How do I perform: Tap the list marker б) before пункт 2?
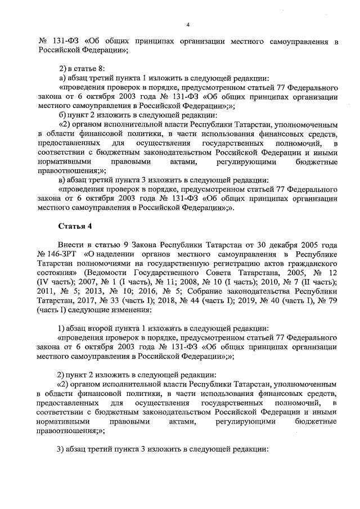tap(64, 115)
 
